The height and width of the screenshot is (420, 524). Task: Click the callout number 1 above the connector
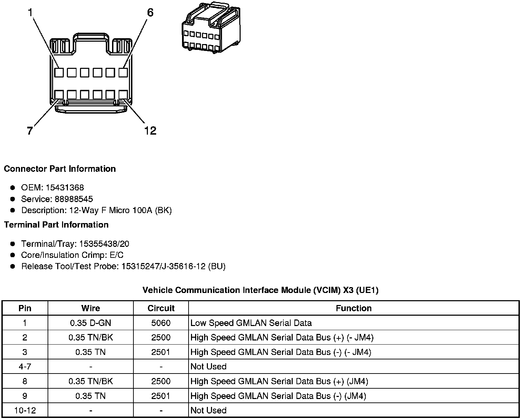pos(30,13)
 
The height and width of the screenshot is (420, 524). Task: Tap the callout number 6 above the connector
pos(150,13)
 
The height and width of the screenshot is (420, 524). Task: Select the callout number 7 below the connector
pos(30,131)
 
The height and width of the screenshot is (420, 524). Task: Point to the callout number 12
pos(150,131)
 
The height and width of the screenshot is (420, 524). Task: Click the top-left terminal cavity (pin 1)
pos(59,73)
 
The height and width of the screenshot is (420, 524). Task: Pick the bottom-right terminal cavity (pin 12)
pos(123,95)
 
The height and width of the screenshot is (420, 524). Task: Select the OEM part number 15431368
pos(64,188)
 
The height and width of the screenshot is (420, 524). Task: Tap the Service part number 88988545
pos(74,199)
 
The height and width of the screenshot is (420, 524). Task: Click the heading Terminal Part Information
pos(56,225)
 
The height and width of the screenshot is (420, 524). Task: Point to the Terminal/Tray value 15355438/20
pos(104,244)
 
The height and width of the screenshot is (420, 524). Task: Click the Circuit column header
pos(161,308)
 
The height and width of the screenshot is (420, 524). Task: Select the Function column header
pos(354,308)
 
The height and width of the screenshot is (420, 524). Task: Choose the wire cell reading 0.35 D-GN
pos(91,323)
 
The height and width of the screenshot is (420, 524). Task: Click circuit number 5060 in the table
pos(161,323)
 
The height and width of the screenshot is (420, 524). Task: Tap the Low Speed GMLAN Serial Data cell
pos(251,323)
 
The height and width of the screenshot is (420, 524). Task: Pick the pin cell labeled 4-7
pos(25,367)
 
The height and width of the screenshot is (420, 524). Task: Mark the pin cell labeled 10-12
pos(25,410)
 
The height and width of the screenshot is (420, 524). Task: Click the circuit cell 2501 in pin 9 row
pos(161,396)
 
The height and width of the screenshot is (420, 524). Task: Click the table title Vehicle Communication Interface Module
pos(260,290)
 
